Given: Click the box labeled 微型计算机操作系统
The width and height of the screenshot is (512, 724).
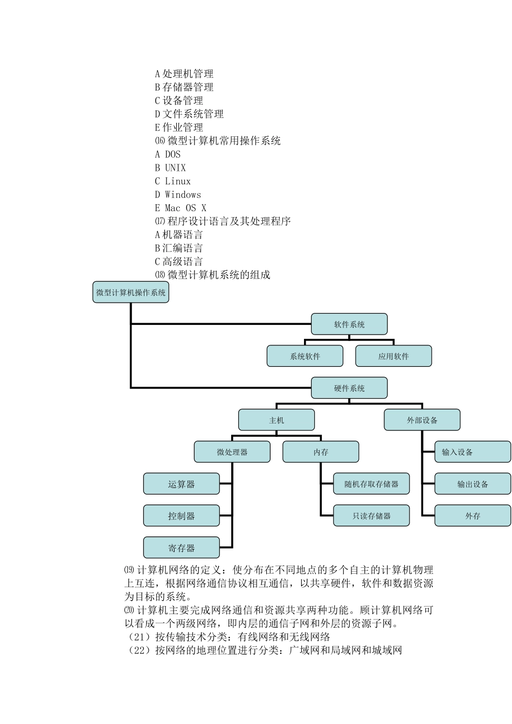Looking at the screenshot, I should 130,293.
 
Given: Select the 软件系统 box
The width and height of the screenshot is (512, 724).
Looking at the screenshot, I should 349,324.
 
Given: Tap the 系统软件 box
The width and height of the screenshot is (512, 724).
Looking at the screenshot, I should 305,356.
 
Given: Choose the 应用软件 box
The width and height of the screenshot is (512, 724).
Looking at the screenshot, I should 393,356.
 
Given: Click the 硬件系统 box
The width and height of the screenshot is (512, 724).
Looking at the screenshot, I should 349,388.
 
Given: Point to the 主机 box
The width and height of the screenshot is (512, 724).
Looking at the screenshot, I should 276,420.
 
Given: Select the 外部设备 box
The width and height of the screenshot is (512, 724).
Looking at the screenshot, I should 422,420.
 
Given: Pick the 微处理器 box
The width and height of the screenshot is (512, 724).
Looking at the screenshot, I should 232,452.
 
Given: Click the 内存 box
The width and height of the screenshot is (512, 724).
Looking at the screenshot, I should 321,452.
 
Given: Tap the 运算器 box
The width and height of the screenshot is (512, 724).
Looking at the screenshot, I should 181,484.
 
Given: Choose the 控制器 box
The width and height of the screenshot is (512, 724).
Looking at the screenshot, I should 181,516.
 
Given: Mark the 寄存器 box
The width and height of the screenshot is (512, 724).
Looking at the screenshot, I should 181,548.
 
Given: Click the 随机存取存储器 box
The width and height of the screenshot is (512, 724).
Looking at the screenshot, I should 371,484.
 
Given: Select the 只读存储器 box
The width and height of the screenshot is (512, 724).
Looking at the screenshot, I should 371,516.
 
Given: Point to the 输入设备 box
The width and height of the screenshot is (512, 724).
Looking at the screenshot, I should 473,452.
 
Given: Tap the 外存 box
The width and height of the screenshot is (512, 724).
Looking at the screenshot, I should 473,516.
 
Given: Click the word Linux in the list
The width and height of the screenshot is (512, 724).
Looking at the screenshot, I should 177,181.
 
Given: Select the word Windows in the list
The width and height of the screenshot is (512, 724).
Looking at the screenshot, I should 183,194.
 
